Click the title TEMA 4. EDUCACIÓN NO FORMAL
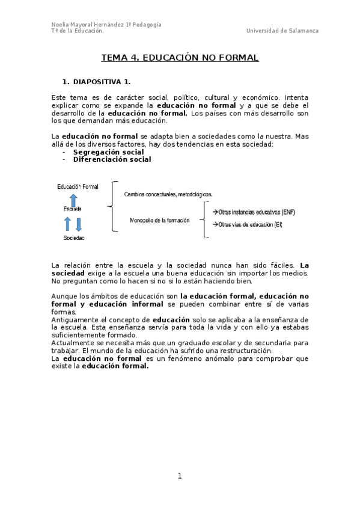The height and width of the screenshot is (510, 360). (179, 58)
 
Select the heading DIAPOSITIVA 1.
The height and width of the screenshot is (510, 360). (101, 81)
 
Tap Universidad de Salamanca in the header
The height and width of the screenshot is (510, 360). (282, 31)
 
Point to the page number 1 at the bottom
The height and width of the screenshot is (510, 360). (179, 476)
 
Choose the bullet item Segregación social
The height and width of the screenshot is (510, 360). (108, 152)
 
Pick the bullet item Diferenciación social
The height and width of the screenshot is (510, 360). (112, 159)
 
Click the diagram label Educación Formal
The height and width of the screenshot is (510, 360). (78, 187)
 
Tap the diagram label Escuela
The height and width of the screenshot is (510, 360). (73, 208)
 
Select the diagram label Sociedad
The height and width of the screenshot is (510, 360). (74, 238)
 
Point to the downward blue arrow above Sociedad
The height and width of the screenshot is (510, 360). (79, 224)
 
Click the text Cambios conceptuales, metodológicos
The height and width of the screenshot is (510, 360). (168, 194)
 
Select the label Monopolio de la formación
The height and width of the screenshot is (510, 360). (159, 220)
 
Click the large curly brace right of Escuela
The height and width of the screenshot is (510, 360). (112, 207)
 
